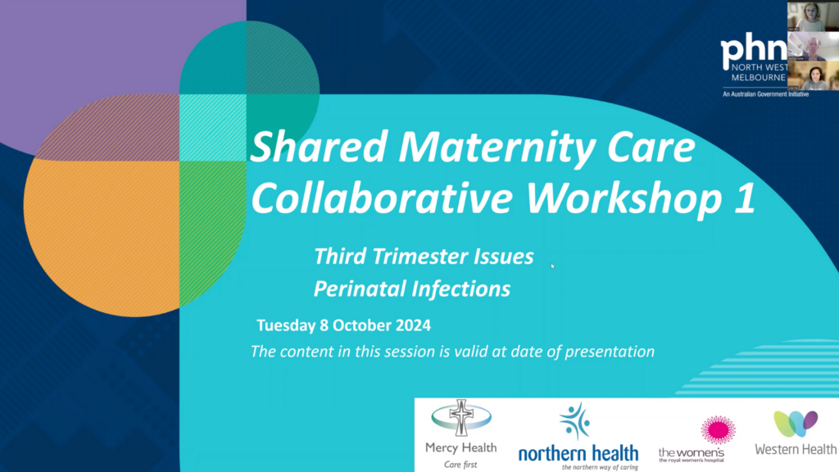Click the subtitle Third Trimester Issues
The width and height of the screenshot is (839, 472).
424,256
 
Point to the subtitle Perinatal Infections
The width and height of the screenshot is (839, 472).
412,288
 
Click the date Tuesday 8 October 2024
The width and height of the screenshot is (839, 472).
343,324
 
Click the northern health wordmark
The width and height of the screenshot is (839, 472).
578,453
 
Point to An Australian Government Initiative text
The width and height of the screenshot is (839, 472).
764,95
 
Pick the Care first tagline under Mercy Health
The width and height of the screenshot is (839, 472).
460,463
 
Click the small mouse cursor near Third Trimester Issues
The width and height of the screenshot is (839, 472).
552,265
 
